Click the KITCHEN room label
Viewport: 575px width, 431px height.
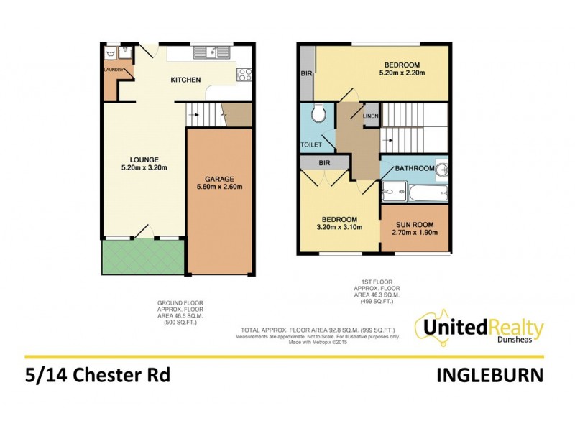(x=185, y=80)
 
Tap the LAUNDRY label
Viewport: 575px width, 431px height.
(x=114, y=70)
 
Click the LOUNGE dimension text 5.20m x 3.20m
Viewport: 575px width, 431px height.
(x=144, y=169)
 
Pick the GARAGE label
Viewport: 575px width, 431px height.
(x=220, y=178)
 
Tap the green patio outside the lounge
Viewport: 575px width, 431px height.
(x=143, y=256)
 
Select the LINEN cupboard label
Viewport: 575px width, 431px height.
(x=370, y=116)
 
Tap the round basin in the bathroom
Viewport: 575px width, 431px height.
(x=443, y=169)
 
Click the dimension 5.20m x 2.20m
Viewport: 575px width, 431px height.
(x=402, y=73)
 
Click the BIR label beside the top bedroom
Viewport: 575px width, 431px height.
(x=306, y=73)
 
